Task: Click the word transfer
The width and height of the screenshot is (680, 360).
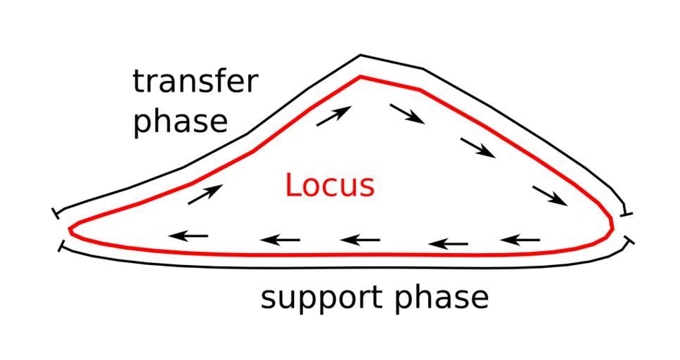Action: tap(195, 82)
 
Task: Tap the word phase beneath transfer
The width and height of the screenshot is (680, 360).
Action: tap(181, 121)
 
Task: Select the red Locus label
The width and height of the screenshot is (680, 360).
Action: tap(330, 186)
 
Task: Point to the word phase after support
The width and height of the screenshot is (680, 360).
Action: tap(441, 297)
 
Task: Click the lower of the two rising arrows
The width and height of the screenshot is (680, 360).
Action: tap(205, 194)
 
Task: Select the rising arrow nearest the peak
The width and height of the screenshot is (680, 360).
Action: tap(333, 116)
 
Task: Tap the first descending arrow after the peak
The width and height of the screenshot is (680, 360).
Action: tap(407, 114)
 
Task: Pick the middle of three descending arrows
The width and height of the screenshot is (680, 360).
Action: tap(477, 147)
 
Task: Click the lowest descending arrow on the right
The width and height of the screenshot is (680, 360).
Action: tap(550, 195)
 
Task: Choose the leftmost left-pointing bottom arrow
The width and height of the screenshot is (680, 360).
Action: tap(189, 236)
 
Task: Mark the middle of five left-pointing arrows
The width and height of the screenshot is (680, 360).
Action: tap(360, 240)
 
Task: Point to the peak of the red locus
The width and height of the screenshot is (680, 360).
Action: tap(360, 77)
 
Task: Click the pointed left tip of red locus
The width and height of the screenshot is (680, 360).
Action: tap(70, 229)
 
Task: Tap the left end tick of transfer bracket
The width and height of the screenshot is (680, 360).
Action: tap(56, 212)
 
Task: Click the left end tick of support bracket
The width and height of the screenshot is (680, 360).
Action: tap(61, 247)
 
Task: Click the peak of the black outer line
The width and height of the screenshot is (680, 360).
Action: tap(361, 56)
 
